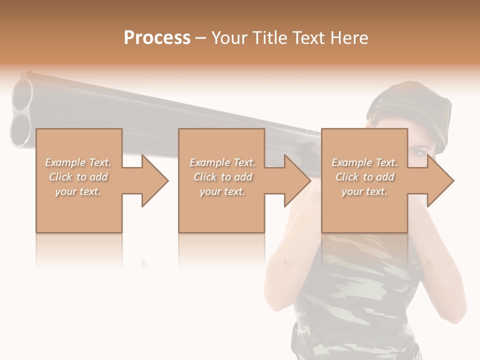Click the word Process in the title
point(157,37)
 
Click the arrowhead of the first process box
point(155,180)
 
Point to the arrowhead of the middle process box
point(297,180)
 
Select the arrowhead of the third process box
point(440,180)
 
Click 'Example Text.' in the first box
point(78,162)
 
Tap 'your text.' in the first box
point(78,191)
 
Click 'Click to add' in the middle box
point(222,177)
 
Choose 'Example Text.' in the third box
point(364,162)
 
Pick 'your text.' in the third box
point(364,191)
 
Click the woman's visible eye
point(417,150)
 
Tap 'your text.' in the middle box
point(222,191)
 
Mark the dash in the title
point(201,38)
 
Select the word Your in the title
point(229,37)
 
